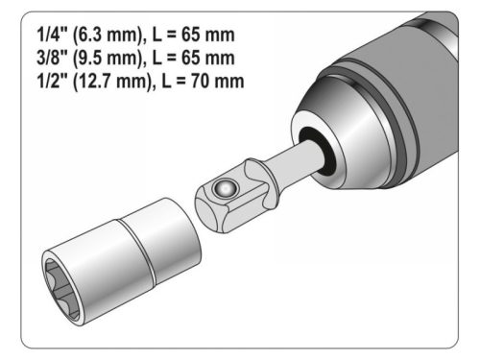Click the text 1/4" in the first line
coord(41,36)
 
